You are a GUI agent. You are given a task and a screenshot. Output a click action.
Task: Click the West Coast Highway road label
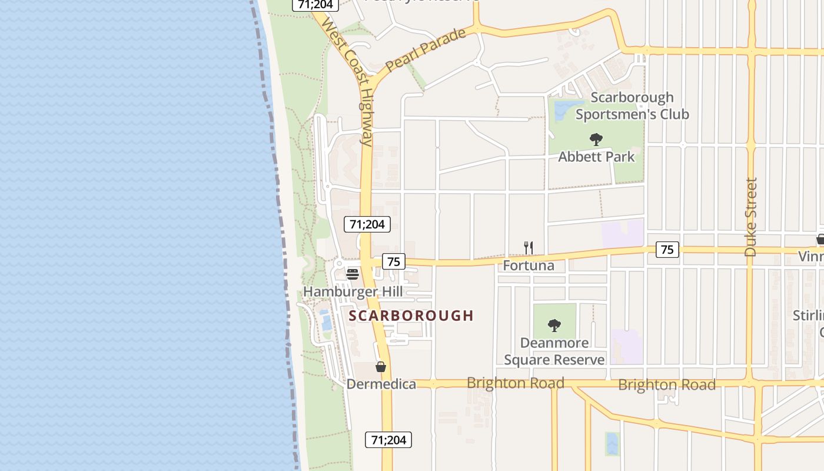click(348, 82)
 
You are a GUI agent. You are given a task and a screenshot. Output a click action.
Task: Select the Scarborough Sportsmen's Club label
click(632, 106)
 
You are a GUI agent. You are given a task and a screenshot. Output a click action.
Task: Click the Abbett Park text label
click(596, 157)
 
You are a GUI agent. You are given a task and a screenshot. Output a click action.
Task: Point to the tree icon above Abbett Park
click(596, 140)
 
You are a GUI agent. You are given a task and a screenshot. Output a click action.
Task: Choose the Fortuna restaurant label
click(529, 266)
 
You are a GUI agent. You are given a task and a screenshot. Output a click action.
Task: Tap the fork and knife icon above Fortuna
click(529, 248)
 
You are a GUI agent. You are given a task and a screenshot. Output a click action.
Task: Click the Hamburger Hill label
click(353, 292)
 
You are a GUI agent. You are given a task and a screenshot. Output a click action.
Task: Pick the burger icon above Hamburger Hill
click(353, 274)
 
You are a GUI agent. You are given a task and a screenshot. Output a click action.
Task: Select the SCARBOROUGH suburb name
click(411, 316)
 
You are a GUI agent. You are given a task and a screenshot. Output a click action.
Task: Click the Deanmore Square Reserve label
click(554, 351)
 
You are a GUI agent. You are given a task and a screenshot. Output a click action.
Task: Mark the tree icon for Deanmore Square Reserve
click(554, 325)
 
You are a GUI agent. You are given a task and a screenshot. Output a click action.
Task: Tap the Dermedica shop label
click(381, 384)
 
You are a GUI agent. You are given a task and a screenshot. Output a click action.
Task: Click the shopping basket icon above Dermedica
click(381, 367)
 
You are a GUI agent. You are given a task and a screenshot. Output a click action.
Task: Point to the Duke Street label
click(750, 217)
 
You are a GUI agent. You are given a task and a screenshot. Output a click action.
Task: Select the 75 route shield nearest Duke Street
click(667, 250)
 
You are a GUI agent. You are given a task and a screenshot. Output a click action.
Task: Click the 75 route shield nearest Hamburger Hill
click(394, 261)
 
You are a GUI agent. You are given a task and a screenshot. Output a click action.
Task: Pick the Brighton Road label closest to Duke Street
click(667, 385)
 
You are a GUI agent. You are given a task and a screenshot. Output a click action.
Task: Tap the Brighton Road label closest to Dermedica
click(515, 383)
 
